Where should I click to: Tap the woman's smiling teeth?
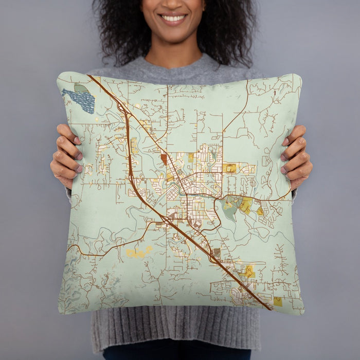(173, 19)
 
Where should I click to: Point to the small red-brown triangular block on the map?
(164, 158)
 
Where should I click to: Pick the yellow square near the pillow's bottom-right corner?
(278, 301)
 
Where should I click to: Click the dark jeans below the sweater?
(175, 354)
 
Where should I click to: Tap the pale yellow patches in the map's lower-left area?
(138, 253)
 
